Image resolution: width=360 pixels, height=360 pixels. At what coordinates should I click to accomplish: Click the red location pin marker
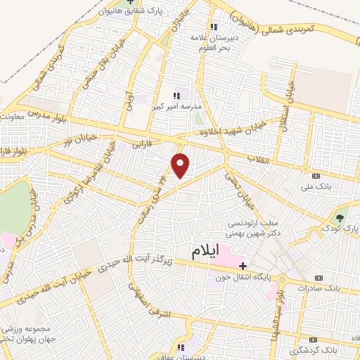pos(181,166)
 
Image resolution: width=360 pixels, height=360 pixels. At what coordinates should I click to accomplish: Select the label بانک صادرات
pos(319,288)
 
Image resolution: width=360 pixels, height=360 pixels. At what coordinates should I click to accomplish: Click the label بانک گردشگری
pos(336,349)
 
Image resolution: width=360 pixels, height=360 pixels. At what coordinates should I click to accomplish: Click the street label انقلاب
pos(257,160)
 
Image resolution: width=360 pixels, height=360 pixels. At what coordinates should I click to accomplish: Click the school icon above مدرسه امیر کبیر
pos(177,95)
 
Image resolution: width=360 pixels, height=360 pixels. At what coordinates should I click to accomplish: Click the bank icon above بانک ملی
pos(316,175)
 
